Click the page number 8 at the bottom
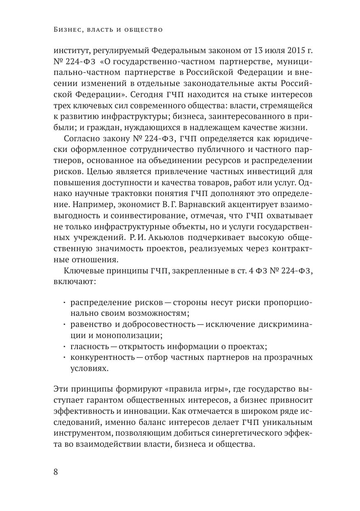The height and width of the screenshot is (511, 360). pos(56,471)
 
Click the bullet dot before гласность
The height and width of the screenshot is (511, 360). pos(65,346)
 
